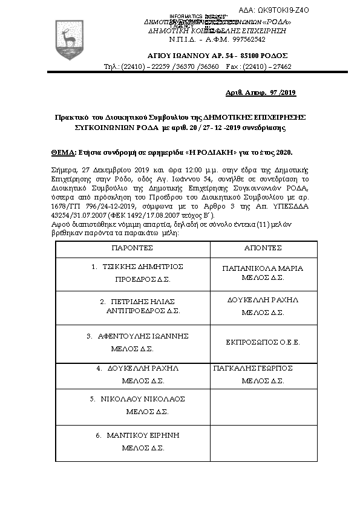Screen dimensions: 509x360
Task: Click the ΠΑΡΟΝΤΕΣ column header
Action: coord(132,248)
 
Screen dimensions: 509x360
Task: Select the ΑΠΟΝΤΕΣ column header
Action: coord(263,248)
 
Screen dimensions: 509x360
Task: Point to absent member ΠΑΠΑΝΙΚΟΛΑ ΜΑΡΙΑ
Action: coord(263,268)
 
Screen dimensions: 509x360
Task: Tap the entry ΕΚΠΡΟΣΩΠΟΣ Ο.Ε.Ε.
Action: coord(263,342)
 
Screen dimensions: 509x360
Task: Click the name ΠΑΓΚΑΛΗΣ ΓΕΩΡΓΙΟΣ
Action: coord(254,368)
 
